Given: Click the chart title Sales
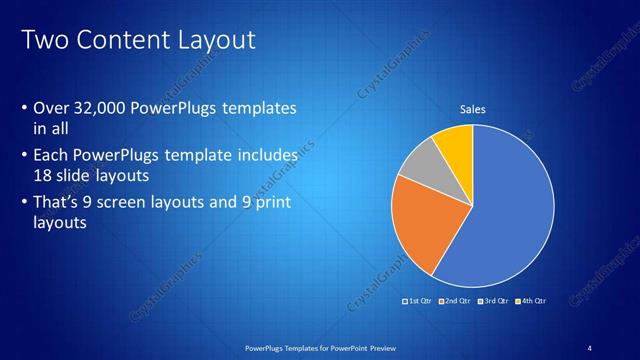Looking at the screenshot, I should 472,109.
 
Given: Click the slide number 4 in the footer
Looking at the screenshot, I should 589,347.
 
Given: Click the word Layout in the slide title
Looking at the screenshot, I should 215,40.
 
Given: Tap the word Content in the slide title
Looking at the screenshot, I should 120,40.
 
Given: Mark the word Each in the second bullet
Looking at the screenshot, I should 52,155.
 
